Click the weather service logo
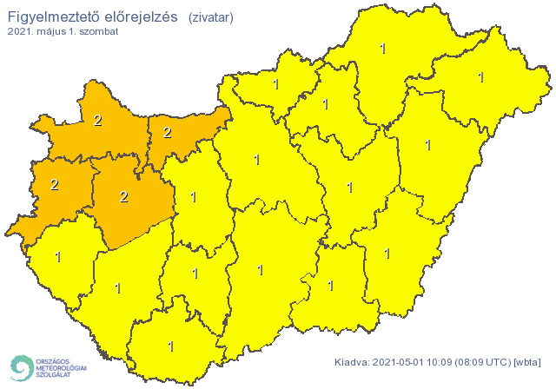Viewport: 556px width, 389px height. click(x=48, y=367)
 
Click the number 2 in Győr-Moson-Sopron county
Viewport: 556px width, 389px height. click(x=97, y=121)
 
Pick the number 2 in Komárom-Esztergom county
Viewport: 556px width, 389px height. click(x=167, y=133)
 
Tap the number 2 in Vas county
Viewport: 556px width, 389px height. click(x=54, y=184)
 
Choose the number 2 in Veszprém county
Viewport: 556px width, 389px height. click(x=123, y=197)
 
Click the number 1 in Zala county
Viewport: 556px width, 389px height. click(x=58, y=257)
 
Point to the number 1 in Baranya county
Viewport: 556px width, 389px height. click(x=170, y=346)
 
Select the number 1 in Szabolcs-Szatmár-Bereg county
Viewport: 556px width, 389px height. click(x=480, y=77)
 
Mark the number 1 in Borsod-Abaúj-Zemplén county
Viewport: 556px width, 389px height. click(x=383, y=49)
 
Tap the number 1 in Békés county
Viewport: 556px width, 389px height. click(x=387, y=254)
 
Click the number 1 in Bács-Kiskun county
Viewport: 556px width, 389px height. click(x=260, y=270)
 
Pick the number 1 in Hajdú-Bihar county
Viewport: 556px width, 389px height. click(x=427, y=145)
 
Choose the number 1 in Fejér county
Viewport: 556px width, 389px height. click(x=192, y=197)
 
